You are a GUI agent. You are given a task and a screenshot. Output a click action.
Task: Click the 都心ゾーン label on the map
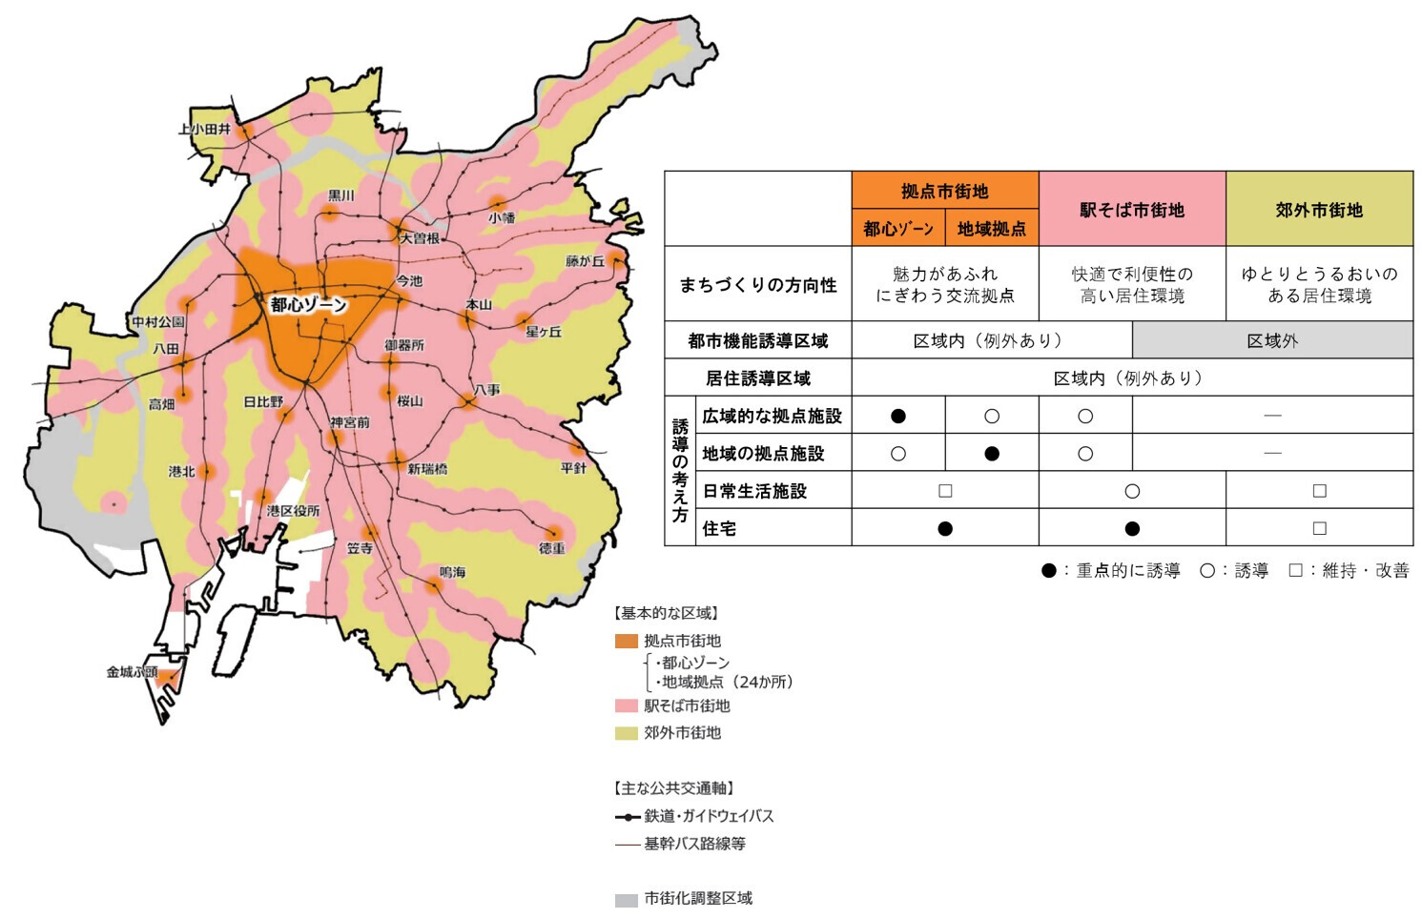[x=308, y=305]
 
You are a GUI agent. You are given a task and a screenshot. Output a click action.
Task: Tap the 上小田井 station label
[x=204, y=129]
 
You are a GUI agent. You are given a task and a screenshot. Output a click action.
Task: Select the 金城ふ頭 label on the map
[x=132, y=672]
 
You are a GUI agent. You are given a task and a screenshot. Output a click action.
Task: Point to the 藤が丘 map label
[x=585, y=261]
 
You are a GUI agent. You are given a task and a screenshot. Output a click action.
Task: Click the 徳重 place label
[x=551, y=548]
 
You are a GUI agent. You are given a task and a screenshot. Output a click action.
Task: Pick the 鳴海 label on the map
[x=452, y=572]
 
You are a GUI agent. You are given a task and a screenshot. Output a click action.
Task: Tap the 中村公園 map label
[x=158, y=322]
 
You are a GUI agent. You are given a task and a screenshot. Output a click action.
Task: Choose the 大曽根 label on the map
[x=420, y=238]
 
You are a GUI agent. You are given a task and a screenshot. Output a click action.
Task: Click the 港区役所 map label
[x=293, y=511]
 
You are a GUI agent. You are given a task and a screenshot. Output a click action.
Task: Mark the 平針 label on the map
[x=574, y=468]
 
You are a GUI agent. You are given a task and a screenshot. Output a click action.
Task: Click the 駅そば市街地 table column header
[x=1131, y=210]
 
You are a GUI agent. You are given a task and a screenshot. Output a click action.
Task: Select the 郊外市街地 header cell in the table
[x=1319, y=210]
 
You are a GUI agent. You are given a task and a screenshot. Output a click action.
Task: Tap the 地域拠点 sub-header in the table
[x=991, y=229]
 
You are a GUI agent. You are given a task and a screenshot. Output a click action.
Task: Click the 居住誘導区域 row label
[x=757, y=378]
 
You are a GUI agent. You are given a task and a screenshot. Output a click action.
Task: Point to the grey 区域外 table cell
[x=1272, y=341]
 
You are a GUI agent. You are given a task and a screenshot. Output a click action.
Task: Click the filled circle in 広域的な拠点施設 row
[x=897, y=416]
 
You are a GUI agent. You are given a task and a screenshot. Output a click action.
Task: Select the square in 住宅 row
[x=1319, y=528]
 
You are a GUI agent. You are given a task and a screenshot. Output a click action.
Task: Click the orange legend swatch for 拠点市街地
[x=626, y=641]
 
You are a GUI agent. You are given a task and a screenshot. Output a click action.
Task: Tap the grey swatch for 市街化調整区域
[x=626, y=899]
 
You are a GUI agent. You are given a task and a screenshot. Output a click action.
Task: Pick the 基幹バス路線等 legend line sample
[x=627, y=845]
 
